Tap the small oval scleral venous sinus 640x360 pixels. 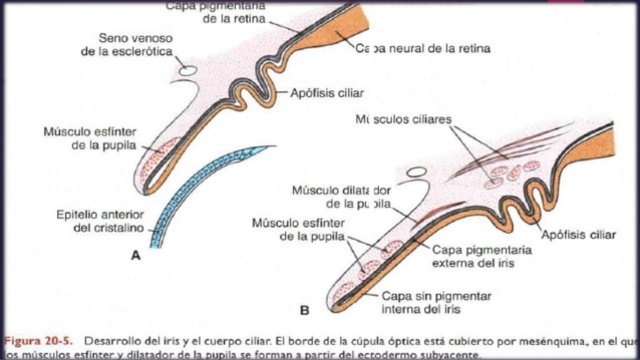pyautogui.click(x=187, y=70)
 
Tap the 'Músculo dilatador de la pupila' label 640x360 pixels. pyautogui.click(x=340, y=197)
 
